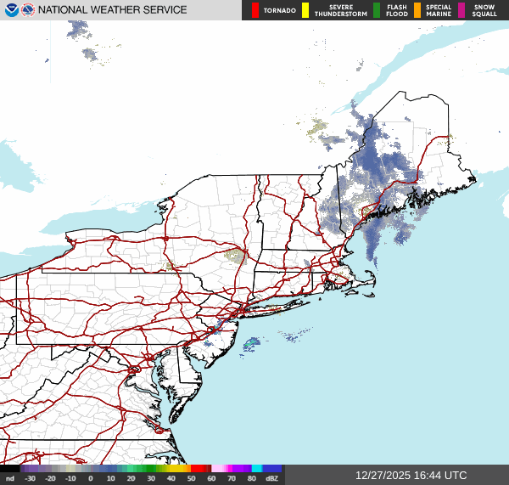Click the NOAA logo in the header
(x=10, y=10)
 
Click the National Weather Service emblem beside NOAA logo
(x=28, y=10)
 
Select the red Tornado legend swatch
(x=255, y=10)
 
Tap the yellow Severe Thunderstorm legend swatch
(x=305, y=10)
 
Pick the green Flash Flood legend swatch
(x=377, y=10)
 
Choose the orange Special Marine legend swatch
(x=417, y=10)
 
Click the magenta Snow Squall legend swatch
(x=461, y=10)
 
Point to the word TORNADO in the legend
(x=279, y=11)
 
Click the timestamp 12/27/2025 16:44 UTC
(x=411, y=476)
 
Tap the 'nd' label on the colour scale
(x=9, y=479)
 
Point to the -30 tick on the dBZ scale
(x=31, y=479)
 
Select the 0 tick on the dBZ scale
(x=91, y=479)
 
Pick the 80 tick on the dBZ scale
(x=252, y=479)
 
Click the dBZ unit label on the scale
(x=272, y=479)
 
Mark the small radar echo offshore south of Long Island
(x=252, y=344)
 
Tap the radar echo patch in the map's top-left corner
(x=79, y=31)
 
